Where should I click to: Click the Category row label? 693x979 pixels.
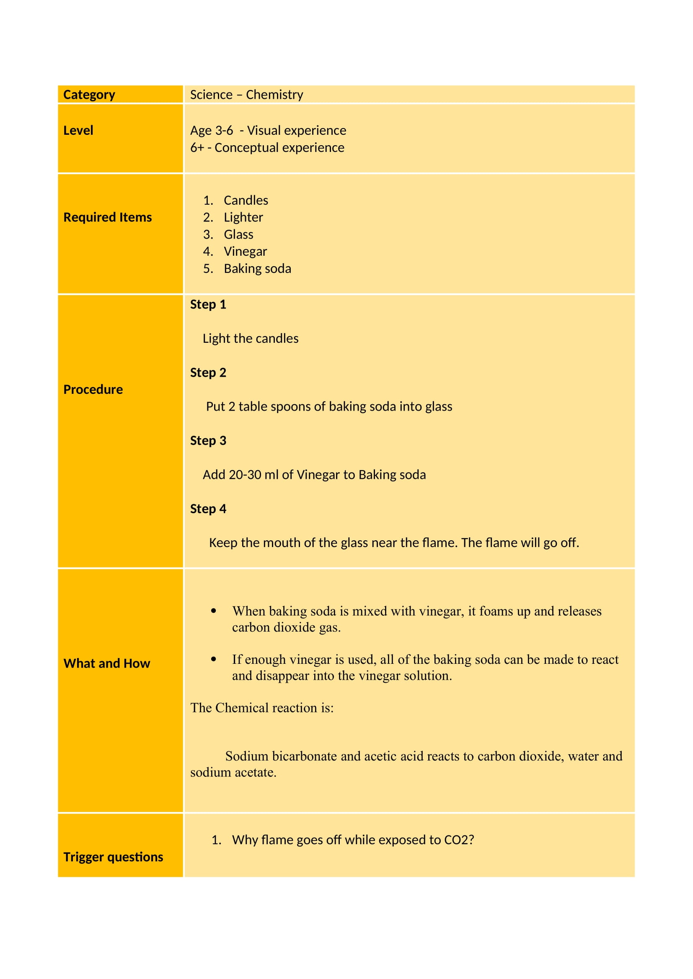(x=89, y=95)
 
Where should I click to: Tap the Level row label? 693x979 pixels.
(x=78, y=131)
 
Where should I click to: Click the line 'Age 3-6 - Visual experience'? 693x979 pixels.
(x=268, y=131)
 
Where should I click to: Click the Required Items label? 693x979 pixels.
(x=108, y=218)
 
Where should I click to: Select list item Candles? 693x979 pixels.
(x=246, y=200)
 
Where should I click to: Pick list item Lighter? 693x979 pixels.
(x=243, y=218)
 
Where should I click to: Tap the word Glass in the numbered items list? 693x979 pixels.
(x=238, y=234)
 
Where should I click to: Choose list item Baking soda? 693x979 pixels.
(x=257, y=269)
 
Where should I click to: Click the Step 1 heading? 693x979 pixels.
(x=208, y=304)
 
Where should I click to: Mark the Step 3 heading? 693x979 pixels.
(x=208, y=440)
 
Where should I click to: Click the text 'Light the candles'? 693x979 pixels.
(x=251, y=339)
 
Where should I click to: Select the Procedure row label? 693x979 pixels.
(x=93, y=389)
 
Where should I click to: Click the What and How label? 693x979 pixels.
(x=107, y=663)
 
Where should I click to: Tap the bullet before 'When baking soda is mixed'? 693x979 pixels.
(x=213, y=611)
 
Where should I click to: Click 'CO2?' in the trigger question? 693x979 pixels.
(x=459, y=840)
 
